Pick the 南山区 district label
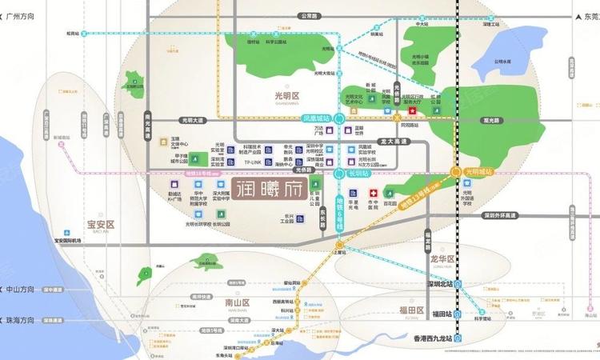(239, 303)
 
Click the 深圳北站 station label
(439, 283)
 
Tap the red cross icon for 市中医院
(373, 193)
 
